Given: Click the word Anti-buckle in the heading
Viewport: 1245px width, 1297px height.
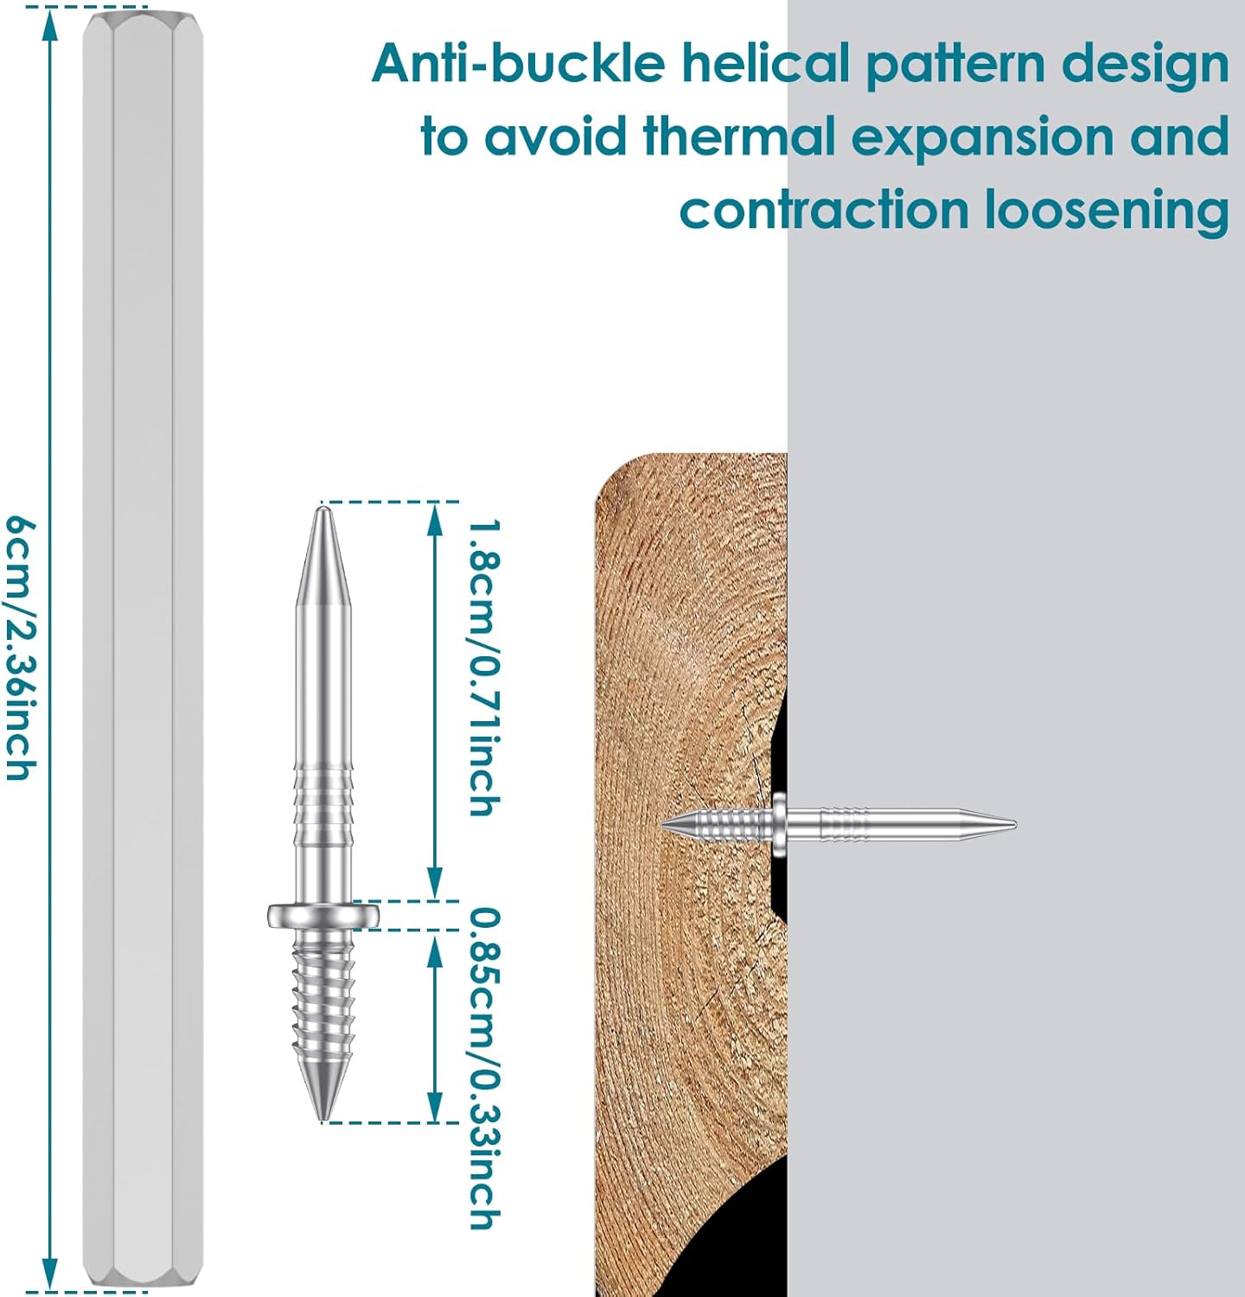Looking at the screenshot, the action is point(518,63).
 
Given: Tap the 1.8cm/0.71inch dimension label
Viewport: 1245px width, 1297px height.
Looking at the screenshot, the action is point(484,667).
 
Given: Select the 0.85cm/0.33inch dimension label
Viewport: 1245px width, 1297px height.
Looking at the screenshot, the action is point(484,1068).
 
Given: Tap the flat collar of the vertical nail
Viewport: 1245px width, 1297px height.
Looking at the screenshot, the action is point(323,915).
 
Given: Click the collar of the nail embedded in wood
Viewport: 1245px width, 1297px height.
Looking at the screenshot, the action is point(780,824).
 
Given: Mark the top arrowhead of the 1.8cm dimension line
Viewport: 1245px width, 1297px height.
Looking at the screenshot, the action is point(435,517).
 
